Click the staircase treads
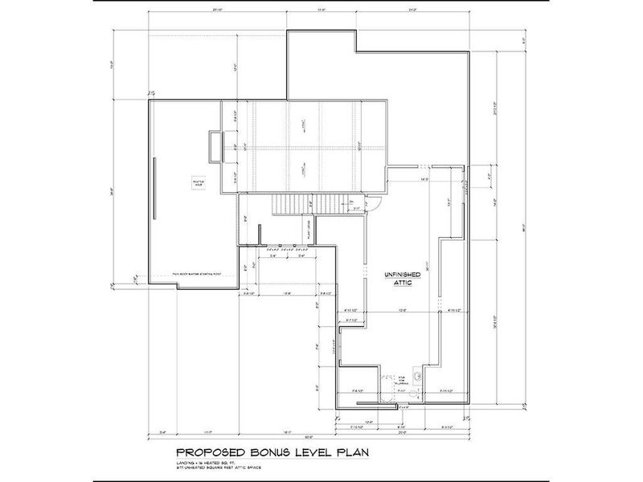coord(302,206)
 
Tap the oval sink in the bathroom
coord(416,376)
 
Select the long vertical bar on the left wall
coord(156,185)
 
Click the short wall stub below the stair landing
coord(259,236)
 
